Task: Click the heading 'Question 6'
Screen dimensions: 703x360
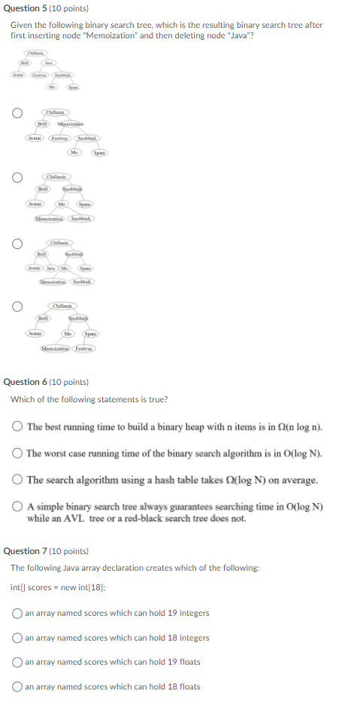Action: coord(45,382)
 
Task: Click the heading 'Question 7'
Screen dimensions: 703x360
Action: coord(45,551)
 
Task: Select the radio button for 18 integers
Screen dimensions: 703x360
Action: coord(17,638)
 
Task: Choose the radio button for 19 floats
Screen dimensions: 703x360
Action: coord(17,662)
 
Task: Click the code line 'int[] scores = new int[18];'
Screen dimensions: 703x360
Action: coord(57,588)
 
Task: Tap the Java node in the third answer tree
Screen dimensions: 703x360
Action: coord(50,268)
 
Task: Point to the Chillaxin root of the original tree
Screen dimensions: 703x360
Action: coord(35,53)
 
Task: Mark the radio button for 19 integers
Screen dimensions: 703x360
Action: coord(17,613)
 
